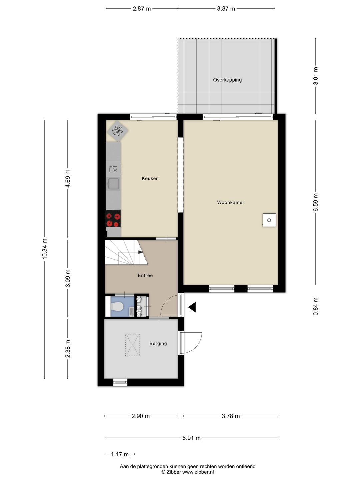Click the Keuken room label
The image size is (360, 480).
150,178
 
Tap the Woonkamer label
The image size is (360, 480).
231,202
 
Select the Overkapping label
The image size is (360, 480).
227,80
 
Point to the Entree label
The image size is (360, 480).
145,276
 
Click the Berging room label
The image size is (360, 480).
158,344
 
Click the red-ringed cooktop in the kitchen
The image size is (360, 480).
113,219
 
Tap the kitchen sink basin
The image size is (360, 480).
114,184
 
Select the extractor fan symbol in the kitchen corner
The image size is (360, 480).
117,131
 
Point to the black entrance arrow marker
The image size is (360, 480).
192,307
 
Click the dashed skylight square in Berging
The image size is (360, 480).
132,345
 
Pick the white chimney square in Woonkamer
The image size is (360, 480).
269,220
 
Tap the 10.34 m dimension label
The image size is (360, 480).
45,249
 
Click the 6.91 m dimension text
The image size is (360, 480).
191,438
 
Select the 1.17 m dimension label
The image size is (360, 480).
120,454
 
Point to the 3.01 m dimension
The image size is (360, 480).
315,76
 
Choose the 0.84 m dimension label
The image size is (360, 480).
315,306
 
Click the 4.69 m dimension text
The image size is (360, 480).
68,178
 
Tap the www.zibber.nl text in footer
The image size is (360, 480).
198,472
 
